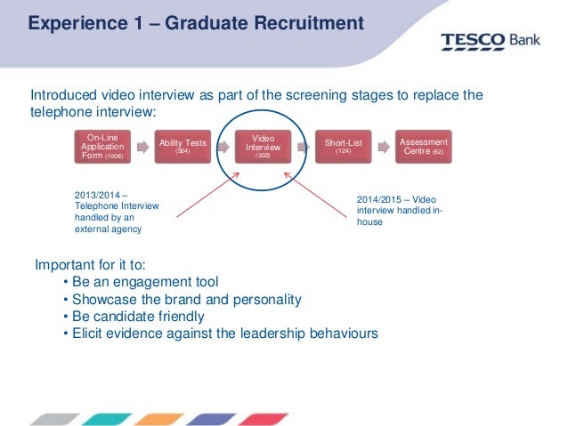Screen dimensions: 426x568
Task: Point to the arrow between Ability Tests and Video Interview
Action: pos(223,145)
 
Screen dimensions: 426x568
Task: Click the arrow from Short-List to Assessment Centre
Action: pos(384,145)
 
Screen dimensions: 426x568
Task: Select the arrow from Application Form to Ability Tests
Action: pos(142,145)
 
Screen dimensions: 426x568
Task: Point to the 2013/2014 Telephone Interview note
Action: pos(115,212)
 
